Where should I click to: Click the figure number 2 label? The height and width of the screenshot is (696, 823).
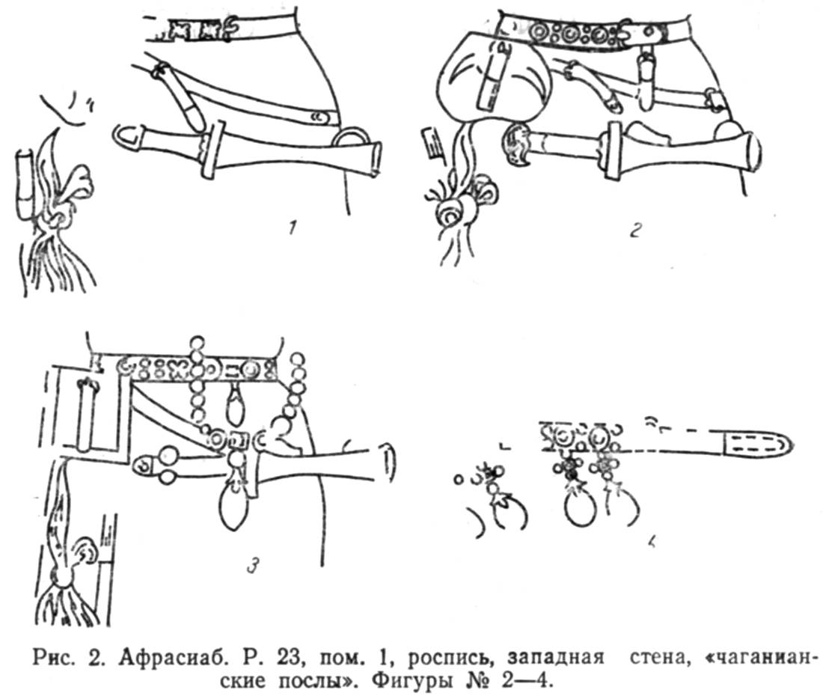(636, 229)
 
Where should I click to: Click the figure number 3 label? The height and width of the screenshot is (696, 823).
(253, 566)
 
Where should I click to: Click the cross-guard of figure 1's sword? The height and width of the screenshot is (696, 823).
(212, 150)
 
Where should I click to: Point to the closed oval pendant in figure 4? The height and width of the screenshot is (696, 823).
(579, 505)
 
